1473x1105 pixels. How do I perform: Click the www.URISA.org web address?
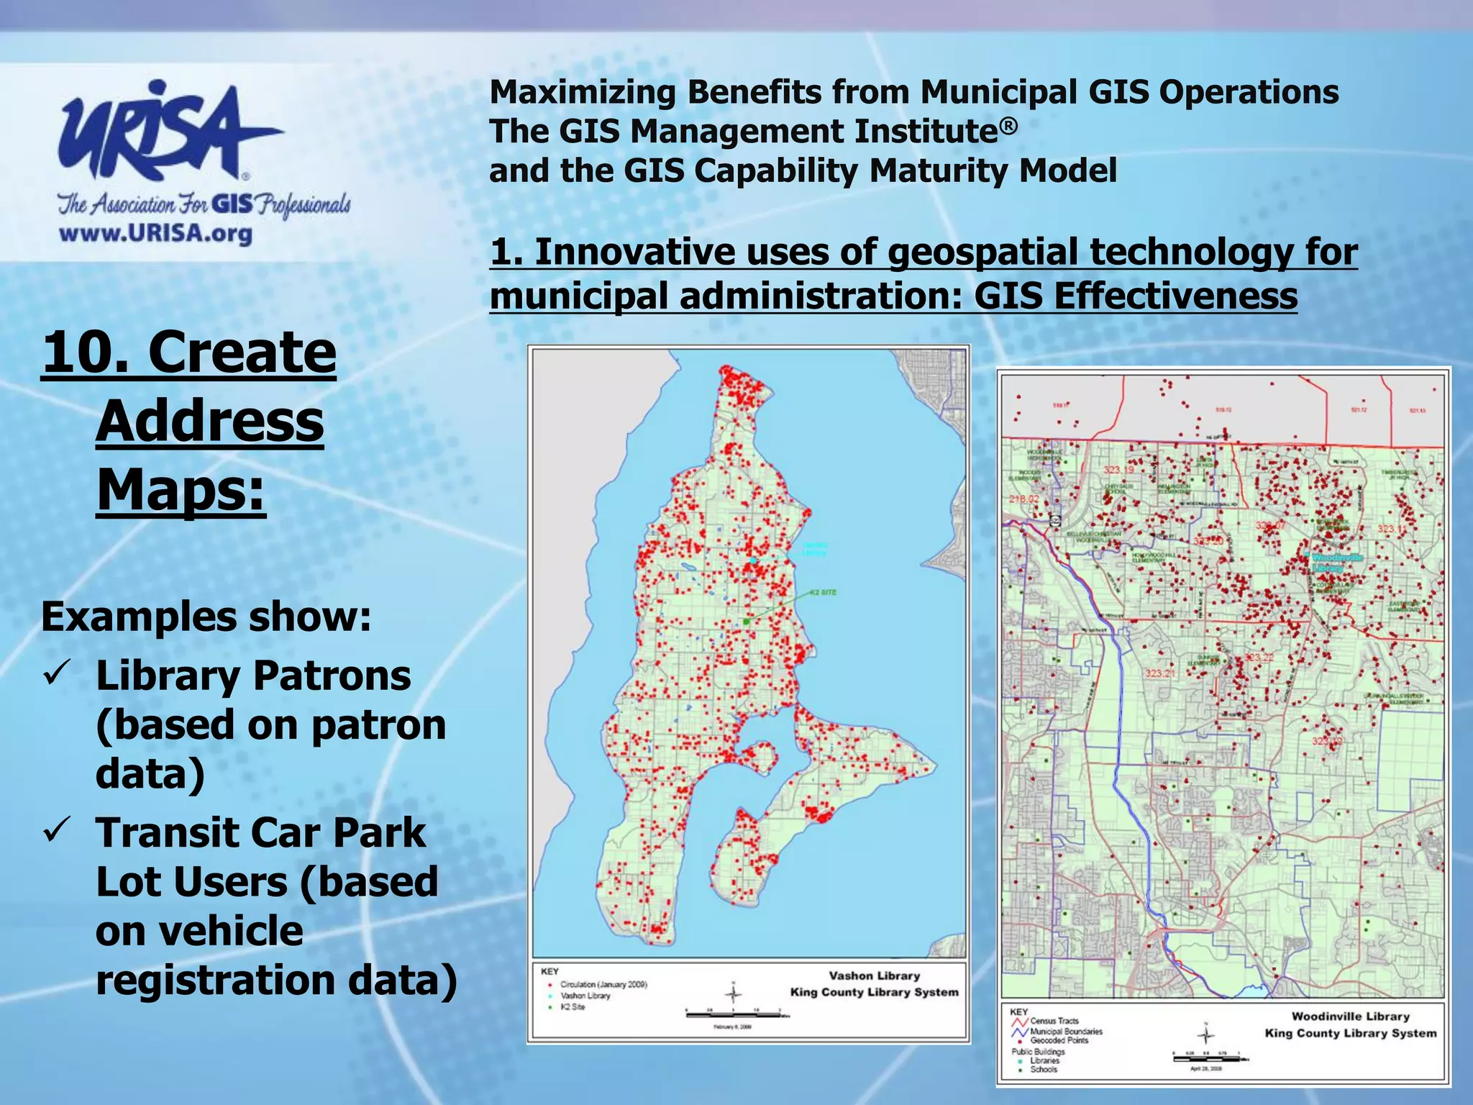click(155, 234)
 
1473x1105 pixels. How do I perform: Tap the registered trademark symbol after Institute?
click(1008, 126)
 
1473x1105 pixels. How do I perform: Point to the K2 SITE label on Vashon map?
click(823, 592)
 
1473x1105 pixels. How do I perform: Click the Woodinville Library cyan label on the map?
click(1336, 562)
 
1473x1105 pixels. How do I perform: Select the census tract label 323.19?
click(1118, 470)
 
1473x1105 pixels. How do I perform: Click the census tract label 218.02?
click(1023, 499)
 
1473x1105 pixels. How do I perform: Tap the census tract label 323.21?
click(1159, 673)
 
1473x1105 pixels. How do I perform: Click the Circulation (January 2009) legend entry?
click(603, 984)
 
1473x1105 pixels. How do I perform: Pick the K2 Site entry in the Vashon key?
click(573, 1007)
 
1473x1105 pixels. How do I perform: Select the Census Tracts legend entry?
click(1054, 1021)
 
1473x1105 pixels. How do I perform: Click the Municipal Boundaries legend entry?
click(1065, 1031)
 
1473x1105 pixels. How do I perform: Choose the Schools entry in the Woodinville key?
click(1044, 1070)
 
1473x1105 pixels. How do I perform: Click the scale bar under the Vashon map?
click(734, 1014)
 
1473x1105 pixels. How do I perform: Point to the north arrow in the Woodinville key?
click(1206, 1035)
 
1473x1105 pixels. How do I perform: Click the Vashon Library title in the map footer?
click(874, 976)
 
